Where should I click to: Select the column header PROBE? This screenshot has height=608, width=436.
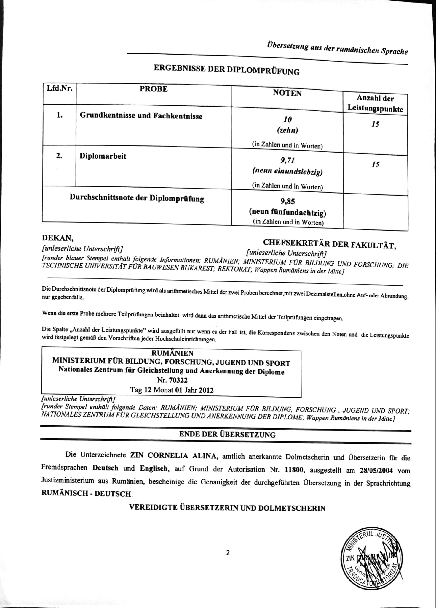click(x=154, y=89)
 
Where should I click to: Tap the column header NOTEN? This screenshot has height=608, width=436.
click(x=287, y=93)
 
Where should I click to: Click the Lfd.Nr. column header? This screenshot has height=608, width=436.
click(x=60, y=88)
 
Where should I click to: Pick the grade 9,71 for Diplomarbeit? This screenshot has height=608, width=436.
click(x=288, y=161)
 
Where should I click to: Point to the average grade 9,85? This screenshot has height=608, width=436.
click(x=288, y=201)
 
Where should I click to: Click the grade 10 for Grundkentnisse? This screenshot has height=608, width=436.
click(x=288, y=119)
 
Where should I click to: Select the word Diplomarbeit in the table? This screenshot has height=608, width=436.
click(x=103, y=156)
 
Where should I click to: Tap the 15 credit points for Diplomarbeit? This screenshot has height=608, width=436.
click(x=375, y=164)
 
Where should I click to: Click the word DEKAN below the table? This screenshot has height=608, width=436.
click(x=58, y=238)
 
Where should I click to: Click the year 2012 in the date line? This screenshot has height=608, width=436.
click(x=206, y=390)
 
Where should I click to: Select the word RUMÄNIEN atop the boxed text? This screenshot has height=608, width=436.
click(x=172, y=353)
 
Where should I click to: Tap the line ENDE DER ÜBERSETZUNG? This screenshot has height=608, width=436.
click(x=227, y=435)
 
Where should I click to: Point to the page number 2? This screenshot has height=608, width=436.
click(x=228, y=553)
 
